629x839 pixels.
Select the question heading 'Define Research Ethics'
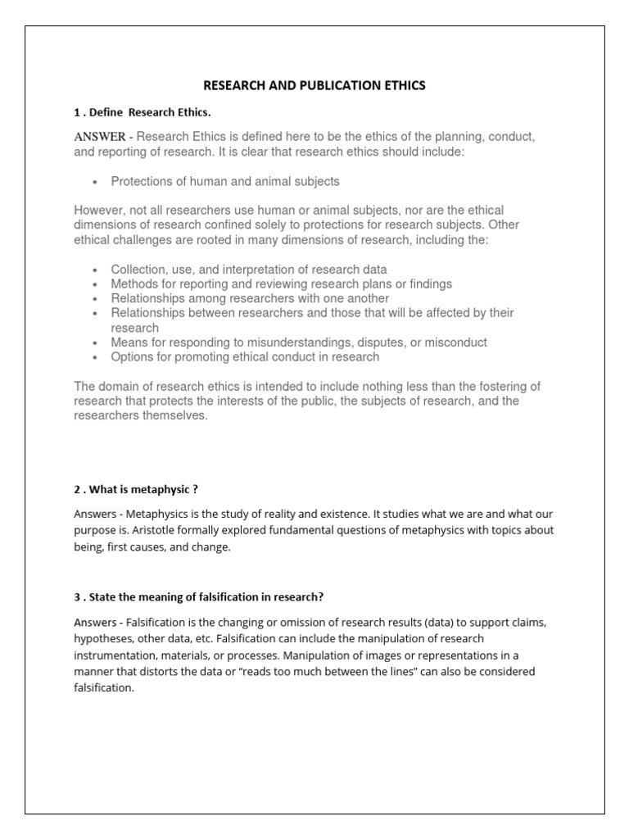point(147,111)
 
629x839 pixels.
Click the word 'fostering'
point(500,386)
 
